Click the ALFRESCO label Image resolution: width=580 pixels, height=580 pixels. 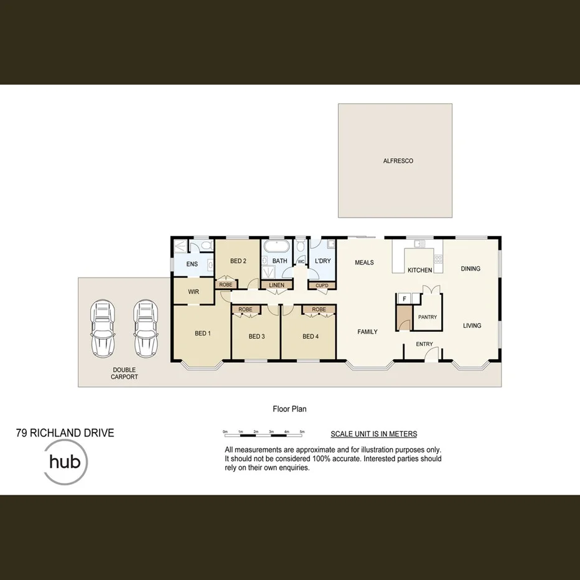coord(398,161)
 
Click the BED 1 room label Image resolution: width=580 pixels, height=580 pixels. coord(203,334)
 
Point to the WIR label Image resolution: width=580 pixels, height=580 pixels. coord(193,291)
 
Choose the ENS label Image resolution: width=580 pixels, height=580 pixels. coord(192,264)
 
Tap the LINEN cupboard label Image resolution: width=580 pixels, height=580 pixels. coord(277,286)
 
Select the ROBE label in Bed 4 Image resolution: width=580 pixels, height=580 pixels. coord(319,309)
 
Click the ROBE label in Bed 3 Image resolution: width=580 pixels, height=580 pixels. coord(245,309)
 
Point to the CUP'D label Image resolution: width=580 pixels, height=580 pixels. coord(322,286)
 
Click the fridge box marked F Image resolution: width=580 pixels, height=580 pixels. coord(405,299)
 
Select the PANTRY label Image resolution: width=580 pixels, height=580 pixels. coord(428,317)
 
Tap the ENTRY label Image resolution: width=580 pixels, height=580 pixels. coord(424,344)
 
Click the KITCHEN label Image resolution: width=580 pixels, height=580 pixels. coord(419,271)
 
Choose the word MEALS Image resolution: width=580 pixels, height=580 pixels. coord(364,263)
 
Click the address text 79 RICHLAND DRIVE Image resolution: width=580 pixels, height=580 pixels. coord(65,433)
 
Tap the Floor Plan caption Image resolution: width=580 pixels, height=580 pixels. coord(289,409)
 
